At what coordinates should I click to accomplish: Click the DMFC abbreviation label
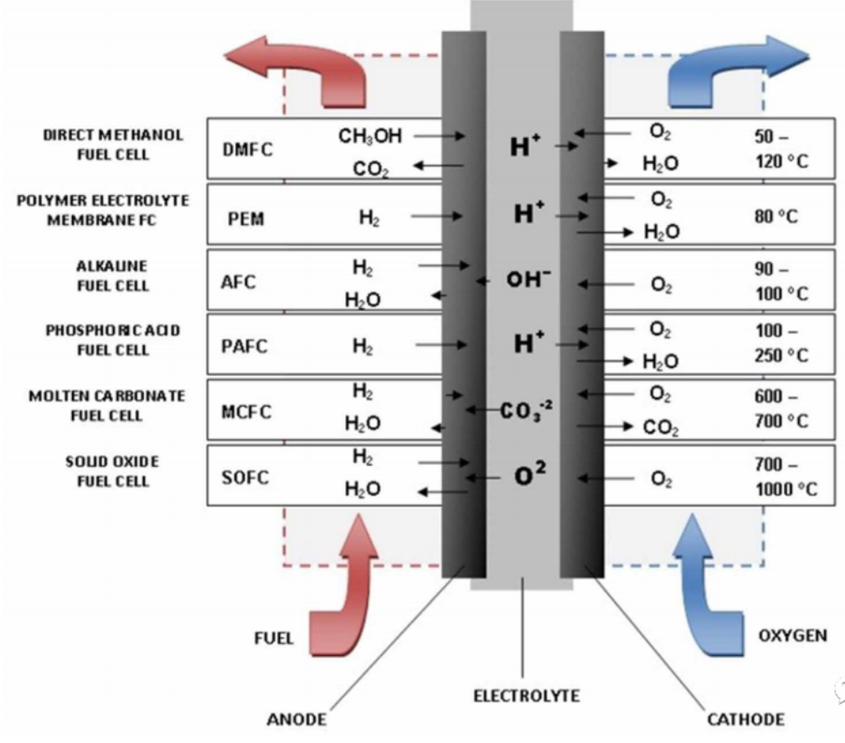pyautogui.click(x=247, y=149)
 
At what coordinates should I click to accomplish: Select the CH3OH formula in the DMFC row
pyautogui.click(x=370, y=136)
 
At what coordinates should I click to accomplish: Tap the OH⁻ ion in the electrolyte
pyautogui.click(x=528, y=279)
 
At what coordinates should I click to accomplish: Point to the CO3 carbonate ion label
pyautogui.click(x=526, y=411)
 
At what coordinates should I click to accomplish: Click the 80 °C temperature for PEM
pyautogui.click(x=776, y=216)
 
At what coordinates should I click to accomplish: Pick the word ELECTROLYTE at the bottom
pyautogui.click(x=527, y=695)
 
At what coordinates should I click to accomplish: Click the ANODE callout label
pyautogui.click(x=296, y=720)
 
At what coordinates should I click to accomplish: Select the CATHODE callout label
pyautogui.click(x=746, y=720)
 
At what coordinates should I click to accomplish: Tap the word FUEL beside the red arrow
pyautogui.click(x=274, y=638)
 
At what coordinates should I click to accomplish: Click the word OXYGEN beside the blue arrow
pyautogui.click(x=793, y=635)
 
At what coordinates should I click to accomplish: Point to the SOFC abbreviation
pyautogui.click(x=245, y=477)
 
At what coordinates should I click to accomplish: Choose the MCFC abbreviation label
pyautogui.click(x=246, y=412)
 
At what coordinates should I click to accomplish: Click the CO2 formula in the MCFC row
pyautogui.click(x=661, y=428)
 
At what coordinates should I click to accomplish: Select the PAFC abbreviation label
pyautogui.click(x=245, y=346)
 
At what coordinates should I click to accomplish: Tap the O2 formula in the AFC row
pyautogui.click(x=662, y=284)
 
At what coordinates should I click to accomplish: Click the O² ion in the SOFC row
pyautogui.click(x=530, y=474)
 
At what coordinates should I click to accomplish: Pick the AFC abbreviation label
pyautogui.click(x=238, y=282)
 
